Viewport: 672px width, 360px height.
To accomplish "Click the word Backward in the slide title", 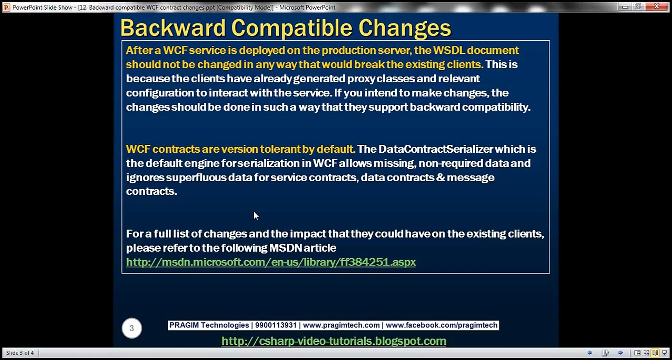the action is pyautogui.click(x=173, y=28).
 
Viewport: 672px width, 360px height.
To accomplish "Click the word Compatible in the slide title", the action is pyautogui.click(x=292, y=28).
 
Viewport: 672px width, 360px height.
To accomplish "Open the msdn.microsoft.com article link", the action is pyautogui.click(x=271, y=262).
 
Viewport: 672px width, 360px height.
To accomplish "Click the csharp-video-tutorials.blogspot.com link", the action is pyautogui.click(x=334, y=341).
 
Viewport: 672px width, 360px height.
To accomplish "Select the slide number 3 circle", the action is pyautogui.click(x=132, y=328).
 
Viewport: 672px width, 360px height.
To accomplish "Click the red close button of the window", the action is pyautogui.click(x=656, y=6).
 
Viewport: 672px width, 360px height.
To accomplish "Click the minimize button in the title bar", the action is pyautogui.click(x=625, y=6).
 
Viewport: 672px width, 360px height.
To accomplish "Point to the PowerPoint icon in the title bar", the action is pyautogui.click(x=6, y=7).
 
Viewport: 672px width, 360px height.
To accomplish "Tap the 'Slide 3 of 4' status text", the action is pyautogui.click(x=20, y=353).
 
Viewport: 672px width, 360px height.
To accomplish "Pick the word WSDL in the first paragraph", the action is pyautogui.click(x=448, y=50).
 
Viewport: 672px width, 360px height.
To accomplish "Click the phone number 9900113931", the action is pyautogui.click(x=276, y=325).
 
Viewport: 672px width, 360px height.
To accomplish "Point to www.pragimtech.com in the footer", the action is pyautogui.click(x=341, y=325).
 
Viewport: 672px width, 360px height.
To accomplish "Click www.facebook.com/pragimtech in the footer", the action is pyautogui.click(x=442, y=325).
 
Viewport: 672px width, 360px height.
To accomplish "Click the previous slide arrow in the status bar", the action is pyautogui.click(x=589, y=353).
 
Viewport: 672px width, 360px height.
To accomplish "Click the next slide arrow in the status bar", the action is pyautogui.click(x=620, y=353).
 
